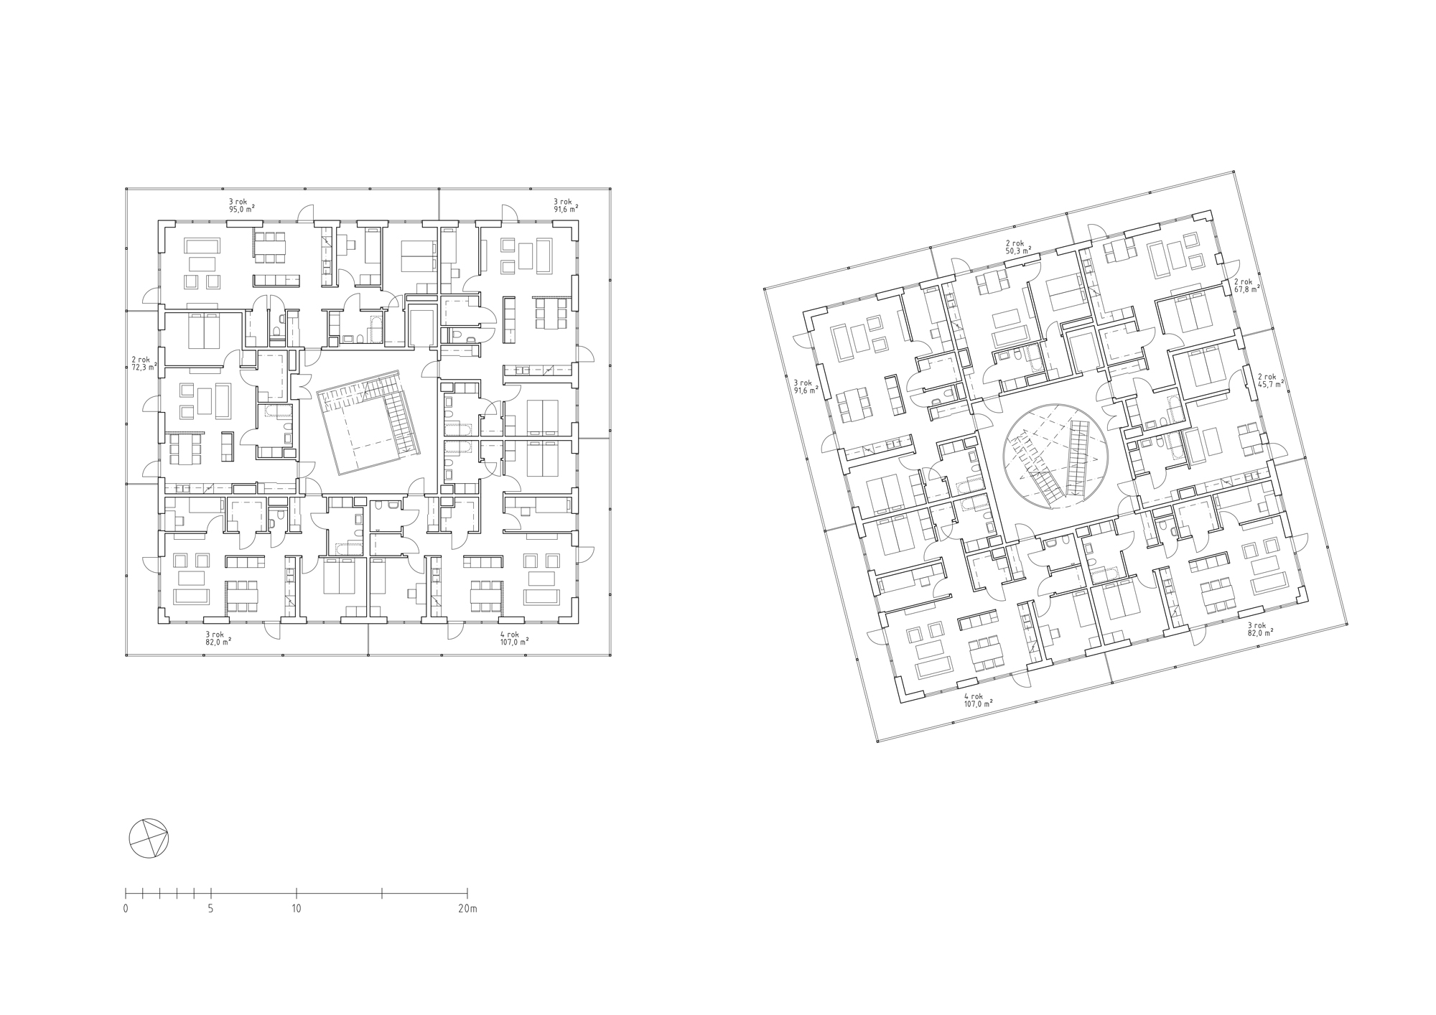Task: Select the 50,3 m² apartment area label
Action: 1018,251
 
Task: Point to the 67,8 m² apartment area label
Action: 1246,289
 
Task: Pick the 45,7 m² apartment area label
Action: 1270,384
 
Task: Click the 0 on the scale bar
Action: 126,909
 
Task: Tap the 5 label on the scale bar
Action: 210,909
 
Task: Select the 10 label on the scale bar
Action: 297,909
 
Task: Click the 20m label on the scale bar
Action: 467,909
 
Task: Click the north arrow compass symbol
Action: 149,838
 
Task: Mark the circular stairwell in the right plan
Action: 1055,457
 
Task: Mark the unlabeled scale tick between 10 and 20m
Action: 382,894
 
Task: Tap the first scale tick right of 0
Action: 143,894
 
